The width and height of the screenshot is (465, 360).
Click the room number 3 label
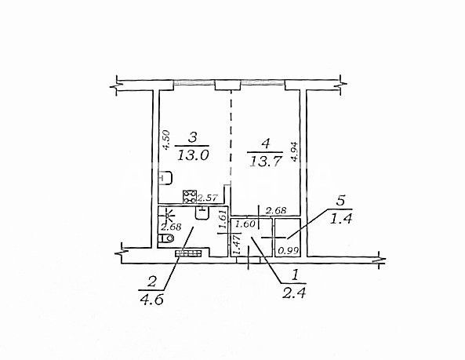pos(193,137)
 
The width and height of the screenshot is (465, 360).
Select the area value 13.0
pos(193,155)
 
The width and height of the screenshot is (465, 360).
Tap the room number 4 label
pos(265,144)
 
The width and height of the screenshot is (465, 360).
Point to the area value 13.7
pos(265,162)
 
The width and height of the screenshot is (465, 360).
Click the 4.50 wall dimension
pos(166,140)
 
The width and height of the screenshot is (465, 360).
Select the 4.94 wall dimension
pos(295,151)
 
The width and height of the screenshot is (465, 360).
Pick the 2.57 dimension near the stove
pos(208,198)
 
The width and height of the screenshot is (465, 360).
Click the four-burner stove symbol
pos(190,196)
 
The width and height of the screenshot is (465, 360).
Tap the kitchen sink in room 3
pos(166,178)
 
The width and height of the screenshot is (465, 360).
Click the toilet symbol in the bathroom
pos(165,238)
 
